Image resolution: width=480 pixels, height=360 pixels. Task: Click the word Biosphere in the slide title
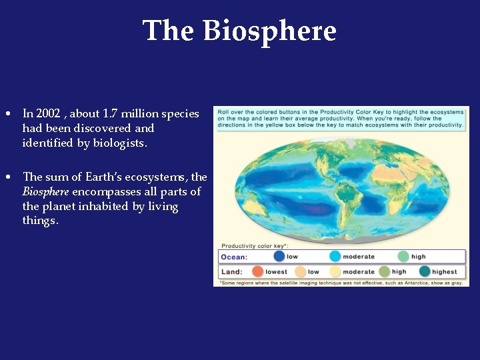coord(269,31)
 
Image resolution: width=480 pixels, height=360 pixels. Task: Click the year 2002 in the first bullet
coord(47,114)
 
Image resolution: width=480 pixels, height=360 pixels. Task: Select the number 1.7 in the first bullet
coord(109,114)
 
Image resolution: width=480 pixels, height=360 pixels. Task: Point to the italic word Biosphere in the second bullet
coord(45,192)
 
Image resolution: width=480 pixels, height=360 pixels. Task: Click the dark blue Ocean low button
coord(279,256)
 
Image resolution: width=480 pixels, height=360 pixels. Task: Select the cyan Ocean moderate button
coord(335,256)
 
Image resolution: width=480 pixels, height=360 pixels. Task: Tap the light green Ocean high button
coord(403,256)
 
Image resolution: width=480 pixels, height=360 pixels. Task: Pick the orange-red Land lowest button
coord(257,271)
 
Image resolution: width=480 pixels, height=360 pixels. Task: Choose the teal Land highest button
coord(424,271)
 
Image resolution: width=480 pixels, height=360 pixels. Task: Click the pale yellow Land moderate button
coord(335,271)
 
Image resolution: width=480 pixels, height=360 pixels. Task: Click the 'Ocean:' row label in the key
coord(234,257)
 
